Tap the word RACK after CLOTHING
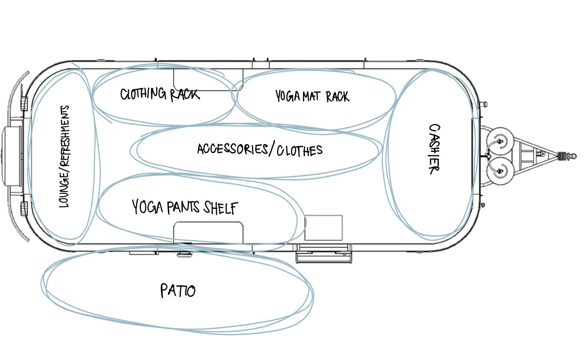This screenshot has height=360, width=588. (x=185, y=94)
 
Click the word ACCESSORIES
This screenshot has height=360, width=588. (x=232, y=149)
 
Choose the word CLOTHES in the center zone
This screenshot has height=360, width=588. (x=299, y=150)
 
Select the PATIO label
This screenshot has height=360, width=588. (x=178, y=291)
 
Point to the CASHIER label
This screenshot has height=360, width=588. (x=434, y=149)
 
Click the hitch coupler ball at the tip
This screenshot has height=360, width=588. (x=572, y=156)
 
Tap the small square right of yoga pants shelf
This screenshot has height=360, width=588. (x=323, y=228)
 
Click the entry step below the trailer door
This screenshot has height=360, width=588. (x=324, y=255)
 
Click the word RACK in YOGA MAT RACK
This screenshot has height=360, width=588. (x=337, y=97)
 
